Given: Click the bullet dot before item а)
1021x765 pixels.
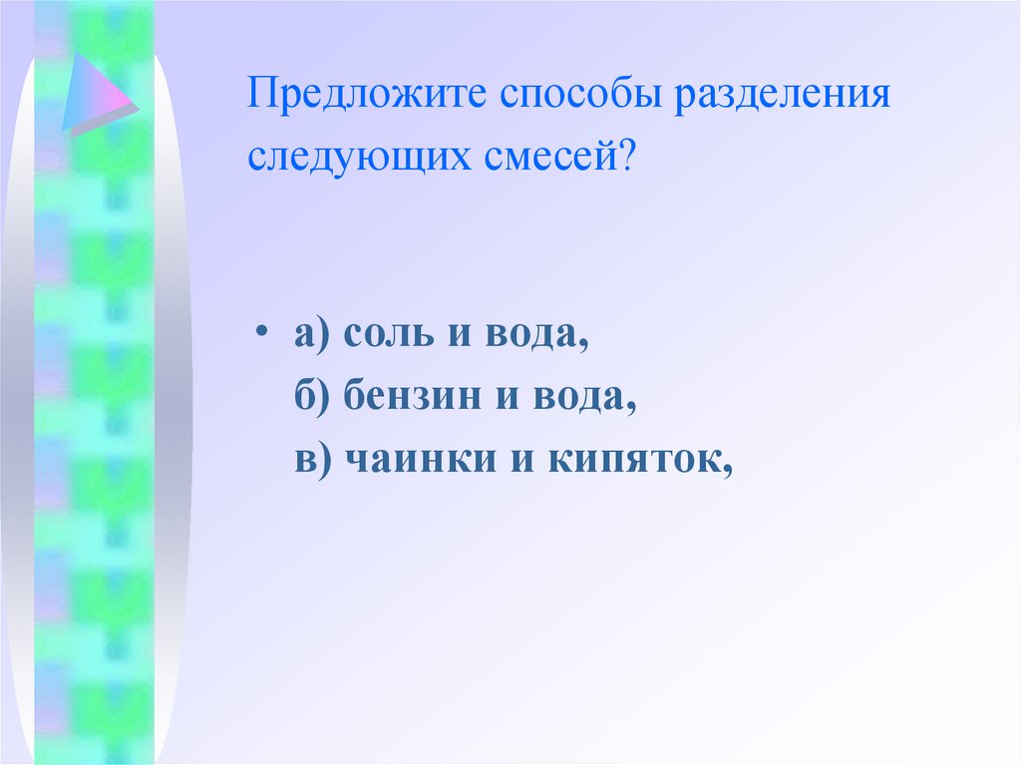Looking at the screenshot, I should (x=260, y=333).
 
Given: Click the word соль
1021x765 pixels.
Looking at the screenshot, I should (x=387, y=337).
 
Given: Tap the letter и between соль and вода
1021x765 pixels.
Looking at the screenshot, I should (x=458, y=337).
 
